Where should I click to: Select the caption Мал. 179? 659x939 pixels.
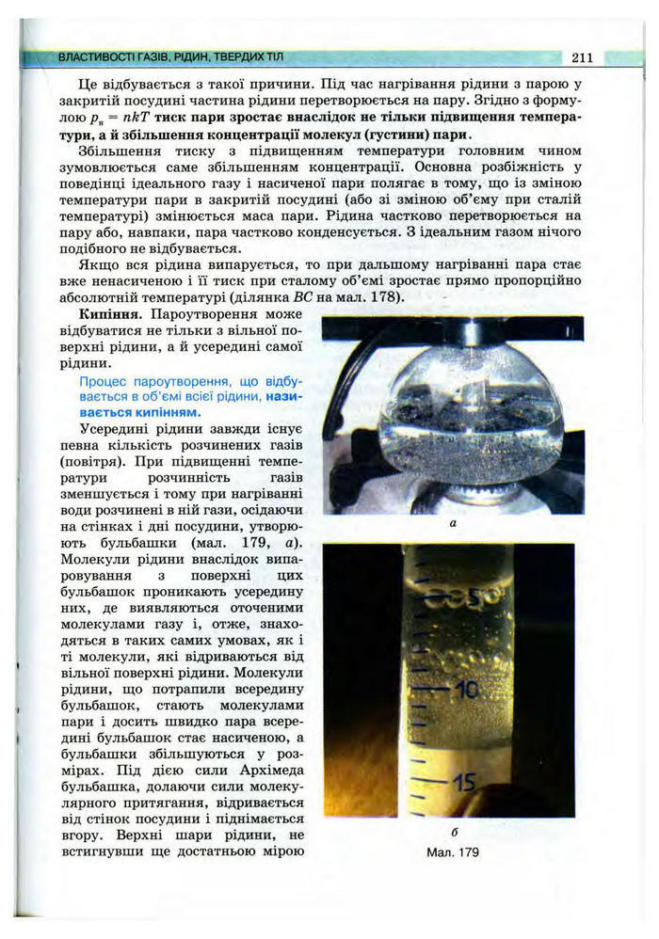[453, 852]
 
